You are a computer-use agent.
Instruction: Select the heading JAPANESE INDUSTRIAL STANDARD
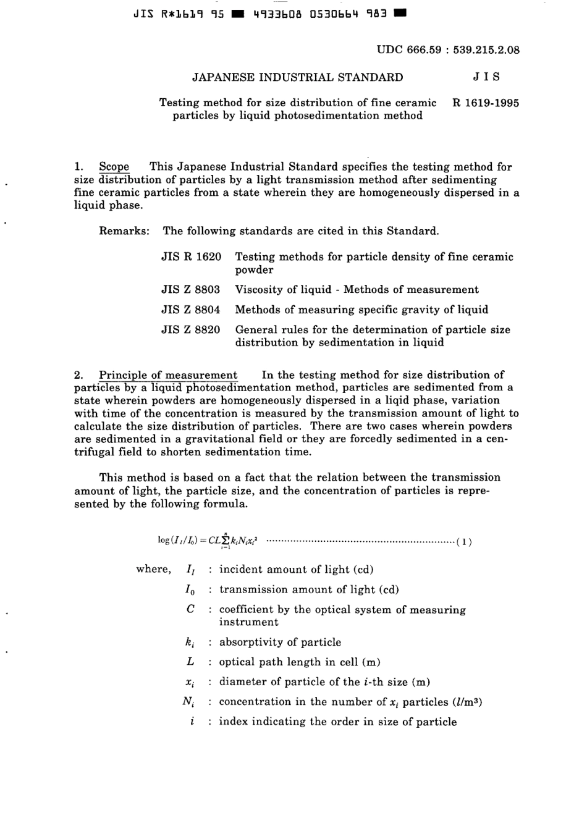[297, 77]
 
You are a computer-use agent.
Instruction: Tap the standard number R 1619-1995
[486, 103]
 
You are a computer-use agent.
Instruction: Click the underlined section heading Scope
[114, 166]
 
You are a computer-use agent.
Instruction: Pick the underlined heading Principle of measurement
[168, 374]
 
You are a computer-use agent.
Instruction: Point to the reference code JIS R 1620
[191, 256]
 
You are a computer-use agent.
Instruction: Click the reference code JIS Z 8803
[191, 289]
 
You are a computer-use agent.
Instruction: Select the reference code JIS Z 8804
[191, 310]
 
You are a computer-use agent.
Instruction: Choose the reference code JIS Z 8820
[191, 329]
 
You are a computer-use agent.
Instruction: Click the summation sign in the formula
[226, 541]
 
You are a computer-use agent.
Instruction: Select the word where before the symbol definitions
[153, 569]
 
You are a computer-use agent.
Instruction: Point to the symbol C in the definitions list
[190, 609]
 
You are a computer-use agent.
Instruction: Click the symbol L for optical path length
[190, 661]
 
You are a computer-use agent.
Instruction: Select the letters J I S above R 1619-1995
[486, 77]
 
